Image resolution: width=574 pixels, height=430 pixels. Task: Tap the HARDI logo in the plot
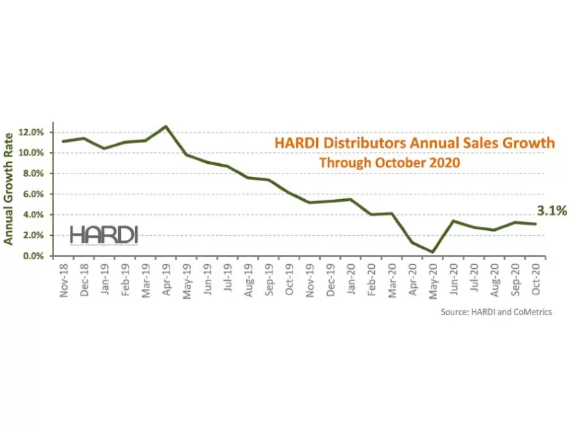point(104,234)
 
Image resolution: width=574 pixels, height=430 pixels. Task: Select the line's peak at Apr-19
point(165,127)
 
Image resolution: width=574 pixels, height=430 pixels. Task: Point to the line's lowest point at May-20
point(432,252)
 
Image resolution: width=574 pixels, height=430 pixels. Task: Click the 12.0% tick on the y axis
point(33,132)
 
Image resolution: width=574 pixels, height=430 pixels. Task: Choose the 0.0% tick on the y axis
point(35,256)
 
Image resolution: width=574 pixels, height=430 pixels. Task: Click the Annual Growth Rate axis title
point(10,190)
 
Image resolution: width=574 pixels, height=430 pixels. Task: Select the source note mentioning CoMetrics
point(496,312)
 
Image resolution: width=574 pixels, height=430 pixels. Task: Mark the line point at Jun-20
point(452,221)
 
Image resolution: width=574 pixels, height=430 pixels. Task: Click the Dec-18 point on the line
point(84,138)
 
